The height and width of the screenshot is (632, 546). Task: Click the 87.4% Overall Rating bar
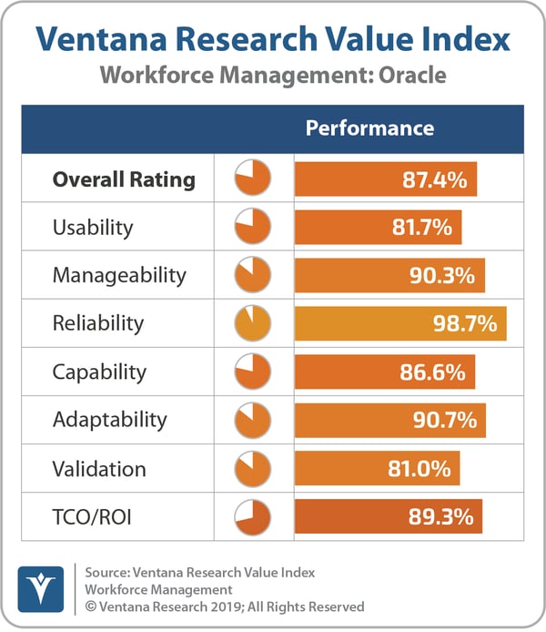tap(385, 179)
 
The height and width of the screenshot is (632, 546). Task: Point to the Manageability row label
tap(119, 275)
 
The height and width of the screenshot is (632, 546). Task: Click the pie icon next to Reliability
tap(253, 323)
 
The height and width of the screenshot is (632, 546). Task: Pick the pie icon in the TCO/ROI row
tap(253, 516)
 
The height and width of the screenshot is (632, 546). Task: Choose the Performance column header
tap(369, 128)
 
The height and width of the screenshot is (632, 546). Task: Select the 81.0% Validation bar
tap(377, 469)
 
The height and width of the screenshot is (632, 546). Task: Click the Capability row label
tap(99, 372)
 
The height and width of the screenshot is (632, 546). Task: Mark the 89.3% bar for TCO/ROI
tap(388, 516)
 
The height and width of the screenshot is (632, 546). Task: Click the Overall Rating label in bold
tap(124, 179)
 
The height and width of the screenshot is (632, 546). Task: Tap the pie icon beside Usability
tap(253, 227)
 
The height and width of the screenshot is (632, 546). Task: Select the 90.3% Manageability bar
tap(389, 275)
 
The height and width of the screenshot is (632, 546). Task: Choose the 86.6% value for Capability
tap(434, 372)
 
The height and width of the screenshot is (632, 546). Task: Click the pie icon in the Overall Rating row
tap(253, 179)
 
